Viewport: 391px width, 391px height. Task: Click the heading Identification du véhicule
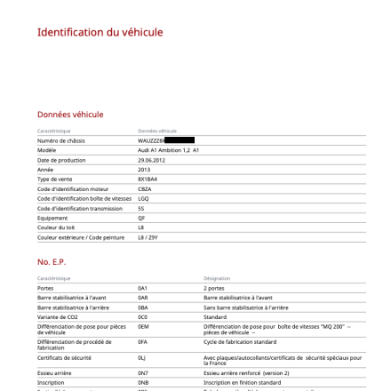pos(100,33)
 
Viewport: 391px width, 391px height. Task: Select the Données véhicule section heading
pos(70,115)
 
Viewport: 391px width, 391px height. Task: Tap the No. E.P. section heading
pos(52,262)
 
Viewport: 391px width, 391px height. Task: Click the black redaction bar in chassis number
pos(180,140)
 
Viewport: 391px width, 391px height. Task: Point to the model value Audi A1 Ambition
pos(168,150)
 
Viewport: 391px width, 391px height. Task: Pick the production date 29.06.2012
pos(152,160)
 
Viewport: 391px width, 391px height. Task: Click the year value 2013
pos(144,170)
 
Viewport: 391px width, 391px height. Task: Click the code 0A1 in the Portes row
pos(143,288)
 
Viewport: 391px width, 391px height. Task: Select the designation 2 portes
pos(215,288)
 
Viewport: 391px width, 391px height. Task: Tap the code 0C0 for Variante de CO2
pos(143,316)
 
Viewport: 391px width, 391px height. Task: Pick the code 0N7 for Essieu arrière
pos(143,373)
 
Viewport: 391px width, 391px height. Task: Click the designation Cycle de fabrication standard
pos(241,340)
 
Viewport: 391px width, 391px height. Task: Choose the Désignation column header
pos(217,278)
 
